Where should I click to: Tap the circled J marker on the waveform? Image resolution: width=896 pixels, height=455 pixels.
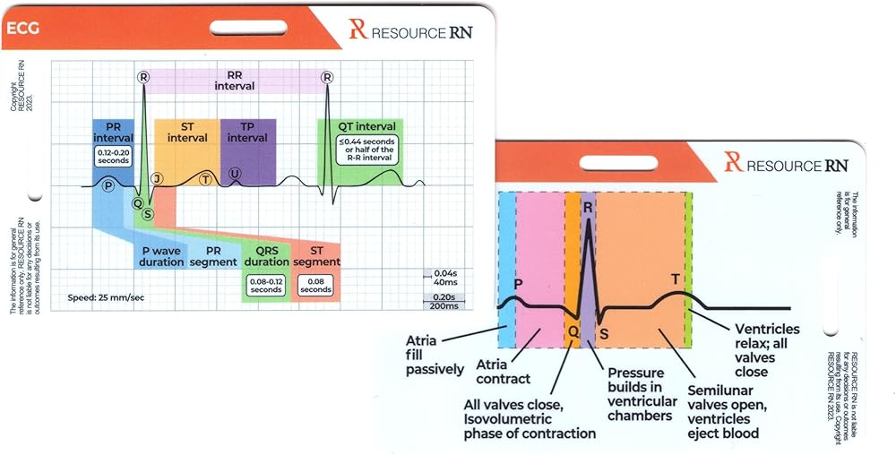coord(157,179)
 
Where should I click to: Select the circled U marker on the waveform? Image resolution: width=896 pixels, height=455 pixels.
coord(235,173)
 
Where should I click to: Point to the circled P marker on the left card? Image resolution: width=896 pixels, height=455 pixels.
coord(108,185)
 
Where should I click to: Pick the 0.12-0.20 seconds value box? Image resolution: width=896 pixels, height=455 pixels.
coord(113,158)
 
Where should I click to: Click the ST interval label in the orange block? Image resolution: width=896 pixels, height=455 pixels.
coord(187,132)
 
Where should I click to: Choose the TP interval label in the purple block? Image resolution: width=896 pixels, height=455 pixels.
coord(247,132)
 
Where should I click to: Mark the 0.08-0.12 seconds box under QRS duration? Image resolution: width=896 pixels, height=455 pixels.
coord(266,285)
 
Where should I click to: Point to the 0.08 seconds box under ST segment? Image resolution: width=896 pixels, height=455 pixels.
coord(316,285)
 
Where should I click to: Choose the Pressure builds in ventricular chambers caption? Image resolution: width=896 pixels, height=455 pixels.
coord(640,394)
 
